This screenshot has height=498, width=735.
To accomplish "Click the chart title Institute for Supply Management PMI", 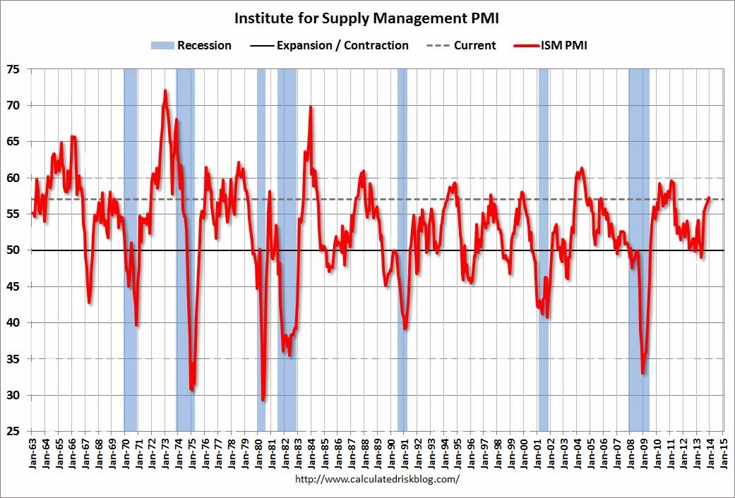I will coord(366,18).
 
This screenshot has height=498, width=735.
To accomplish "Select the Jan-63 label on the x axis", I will coord(33,451).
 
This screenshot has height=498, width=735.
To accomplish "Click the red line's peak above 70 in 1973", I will coord(165,91).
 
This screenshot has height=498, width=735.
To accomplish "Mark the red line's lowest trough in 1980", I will coord(263,399).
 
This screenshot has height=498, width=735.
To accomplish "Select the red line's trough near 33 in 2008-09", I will coord(643,372).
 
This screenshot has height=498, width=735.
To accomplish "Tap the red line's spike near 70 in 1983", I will coord(311,107).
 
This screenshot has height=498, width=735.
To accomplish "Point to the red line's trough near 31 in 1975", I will coord(192,389).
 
